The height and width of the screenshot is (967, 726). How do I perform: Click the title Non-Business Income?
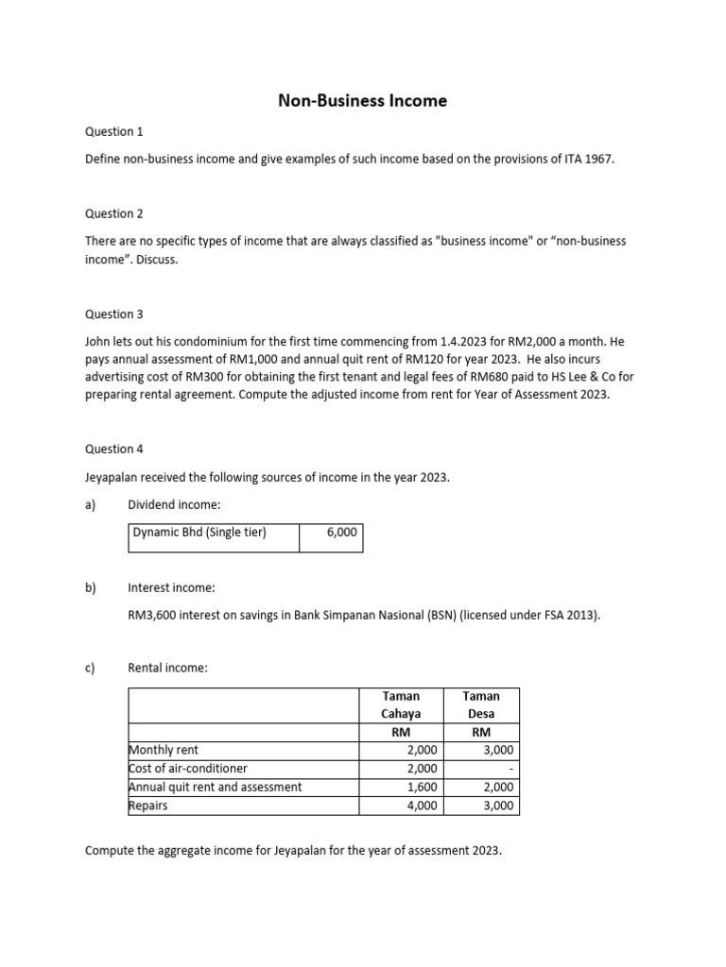coord(362,100)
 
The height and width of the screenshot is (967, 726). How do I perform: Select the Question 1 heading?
coord(114,131)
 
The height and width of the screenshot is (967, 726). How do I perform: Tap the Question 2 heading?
coord(114,213)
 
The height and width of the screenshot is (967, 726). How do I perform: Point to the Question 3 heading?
coord(114,314)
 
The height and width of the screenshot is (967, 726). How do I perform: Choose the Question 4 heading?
coord(114,449)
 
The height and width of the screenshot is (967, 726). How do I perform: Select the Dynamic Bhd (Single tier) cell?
coord(199,533)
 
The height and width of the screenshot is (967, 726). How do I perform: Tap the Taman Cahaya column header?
coord(401,704)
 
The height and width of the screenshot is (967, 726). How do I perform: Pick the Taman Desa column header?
coord(480,704)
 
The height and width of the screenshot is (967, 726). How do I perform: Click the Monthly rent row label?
coord(164,750)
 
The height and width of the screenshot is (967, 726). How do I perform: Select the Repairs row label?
coord(147,806)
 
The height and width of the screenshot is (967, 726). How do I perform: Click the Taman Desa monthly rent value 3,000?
coord(498,750)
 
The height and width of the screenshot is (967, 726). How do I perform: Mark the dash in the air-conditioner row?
coord(510,769)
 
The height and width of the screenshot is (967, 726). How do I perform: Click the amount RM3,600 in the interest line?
coord(152,616)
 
